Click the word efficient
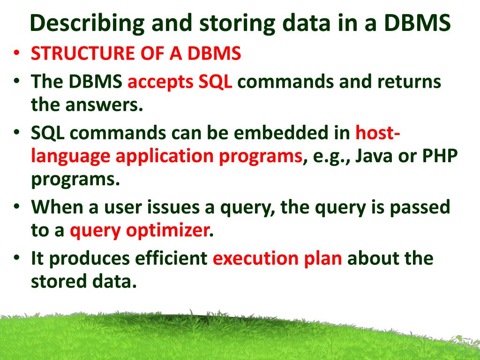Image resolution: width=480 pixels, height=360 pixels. tap(172, 258)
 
